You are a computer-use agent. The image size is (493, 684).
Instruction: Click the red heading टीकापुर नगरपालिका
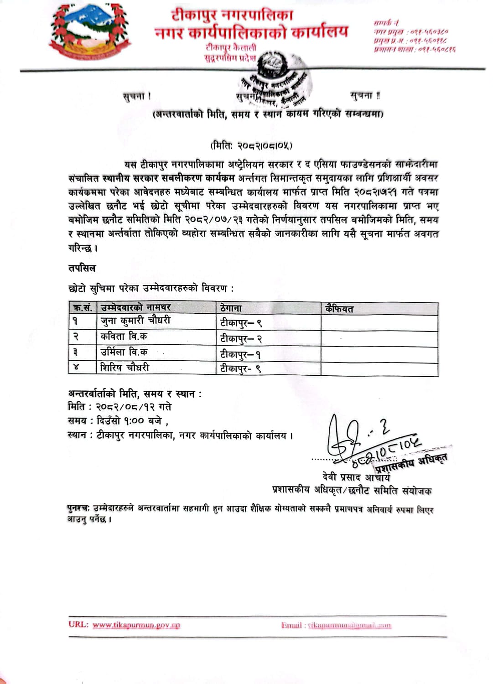pyautogui.click(x=232, y=15)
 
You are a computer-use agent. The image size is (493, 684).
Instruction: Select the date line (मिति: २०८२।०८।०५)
pyautogui.click(x=251, y=145)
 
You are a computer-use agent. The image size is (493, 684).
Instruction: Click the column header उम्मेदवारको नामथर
pyautogui.click(x=135, y=308)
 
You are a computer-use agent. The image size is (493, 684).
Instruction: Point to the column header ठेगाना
pyautogui.click(x=231, y=308)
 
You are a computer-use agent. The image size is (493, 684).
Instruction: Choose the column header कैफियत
pyautogui.click(x=339, y=309)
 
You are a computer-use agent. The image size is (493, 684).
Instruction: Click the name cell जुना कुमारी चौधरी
pyautogui.click(x=135, y=321)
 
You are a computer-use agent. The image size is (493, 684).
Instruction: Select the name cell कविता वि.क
pyautogui.click(x=124, y=337)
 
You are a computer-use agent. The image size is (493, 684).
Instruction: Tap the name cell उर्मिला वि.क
pyautogui.click(x=124, y=352)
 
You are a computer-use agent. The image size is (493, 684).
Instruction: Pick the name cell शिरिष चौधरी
pyautogui.click(x=125, y=368)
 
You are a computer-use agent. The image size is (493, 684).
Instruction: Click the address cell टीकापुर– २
pyautogui.click(x=241, y=338)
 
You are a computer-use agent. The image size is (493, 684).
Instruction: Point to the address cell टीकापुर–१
pyautogui.click(x=240, y=354)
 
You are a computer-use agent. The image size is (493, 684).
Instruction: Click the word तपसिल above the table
pyautogui.click(x=82, y=268)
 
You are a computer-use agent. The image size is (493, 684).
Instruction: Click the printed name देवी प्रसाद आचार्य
pyautogui.click(x=356, y=477)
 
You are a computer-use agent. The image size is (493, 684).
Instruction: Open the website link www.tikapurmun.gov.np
pyautogui.click(x=136, y=625)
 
